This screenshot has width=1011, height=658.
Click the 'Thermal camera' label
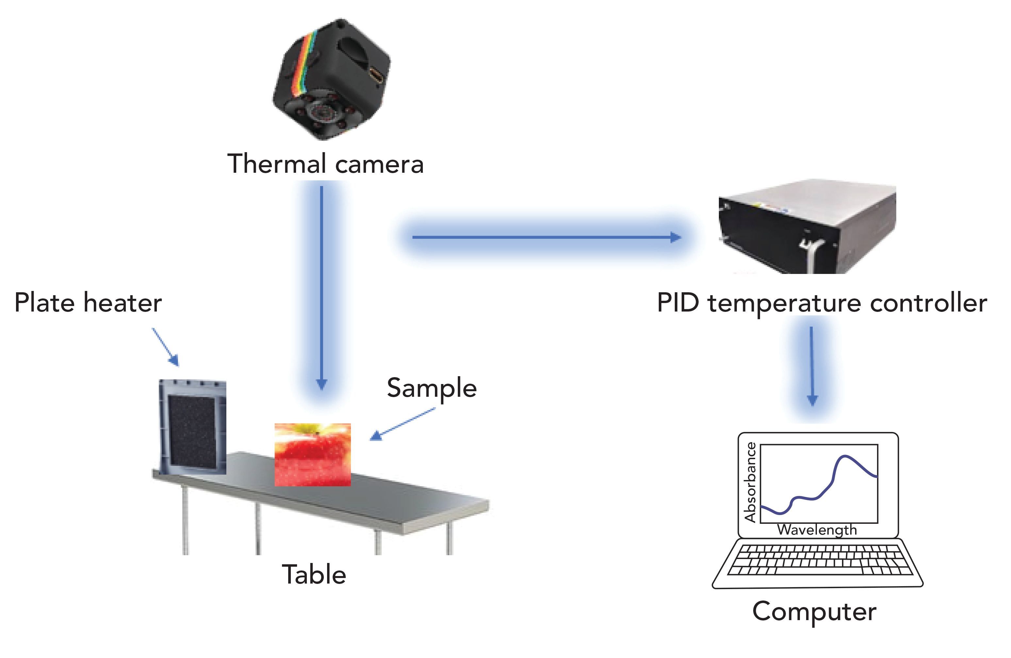[325, 164]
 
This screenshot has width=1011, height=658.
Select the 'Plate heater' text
[88, 303]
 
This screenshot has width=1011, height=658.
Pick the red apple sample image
[313, 454]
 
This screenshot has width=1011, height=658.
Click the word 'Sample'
[432, 388]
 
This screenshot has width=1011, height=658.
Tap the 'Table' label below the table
[314, 575]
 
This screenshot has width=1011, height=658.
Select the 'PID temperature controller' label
[821, 303]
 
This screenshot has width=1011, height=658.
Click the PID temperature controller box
[807, 229]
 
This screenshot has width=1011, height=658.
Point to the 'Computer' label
[814, 612]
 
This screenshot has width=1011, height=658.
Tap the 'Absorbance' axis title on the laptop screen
[751, 482]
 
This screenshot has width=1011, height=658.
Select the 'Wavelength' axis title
[817, 530]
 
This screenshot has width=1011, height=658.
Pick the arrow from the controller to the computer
[812, 365]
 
